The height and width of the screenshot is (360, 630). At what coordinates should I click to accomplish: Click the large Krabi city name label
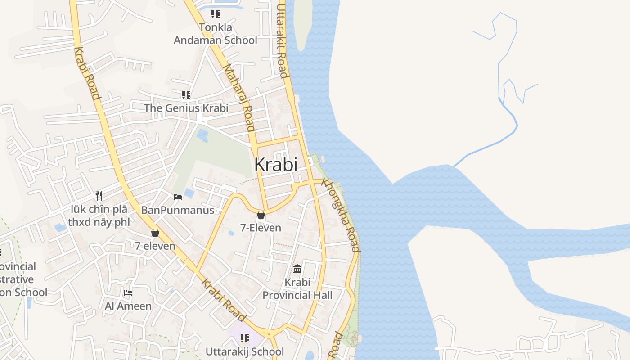(276, 165)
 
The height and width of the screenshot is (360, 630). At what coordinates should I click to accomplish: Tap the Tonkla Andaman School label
(216, 34)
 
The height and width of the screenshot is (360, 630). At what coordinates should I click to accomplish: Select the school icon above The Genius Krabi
(186, 95)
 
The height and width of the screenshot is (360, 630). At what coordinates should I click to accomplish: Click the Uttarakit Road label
(282, 40)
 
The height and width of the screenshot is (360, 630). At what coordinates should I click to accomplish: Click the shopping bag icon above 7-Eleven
(261, 215)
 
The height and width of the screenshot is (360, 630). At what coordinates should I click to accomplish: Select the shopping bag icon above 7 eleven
(155, 233)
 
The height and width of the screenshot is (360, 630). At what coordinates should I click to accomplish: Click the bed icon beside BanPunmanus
(178, 197)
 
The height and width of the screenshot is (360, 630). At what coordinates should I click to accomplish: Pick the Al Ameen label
(128, 306)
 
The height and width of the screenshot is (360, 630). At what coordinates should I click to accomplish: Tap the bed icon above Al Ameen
(128, 293)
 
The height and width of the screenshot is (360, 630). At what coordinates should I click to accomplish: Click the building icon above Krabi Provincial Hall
(297, 269)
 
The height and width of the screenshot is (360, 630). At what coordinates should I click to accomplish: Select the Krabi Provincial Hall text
(297, 289)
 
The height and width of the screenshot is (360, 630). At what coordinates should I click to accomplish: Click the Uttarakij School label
(245, 351)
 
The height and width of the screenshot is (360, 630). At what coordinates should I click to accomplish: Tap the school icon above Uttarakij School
(245, 338)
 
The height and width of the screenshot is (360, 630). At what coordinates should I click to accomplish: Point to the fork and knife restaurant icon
(99, 196)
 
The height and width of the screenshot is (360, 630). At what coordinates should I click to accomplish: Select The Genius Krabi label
(186, 108)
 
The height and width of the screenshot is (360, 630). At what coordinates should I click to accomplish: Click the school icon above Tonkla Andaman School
(216, 14)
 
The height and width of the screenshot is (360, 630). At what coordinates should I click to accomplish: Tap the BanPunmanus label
(178, 210)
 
